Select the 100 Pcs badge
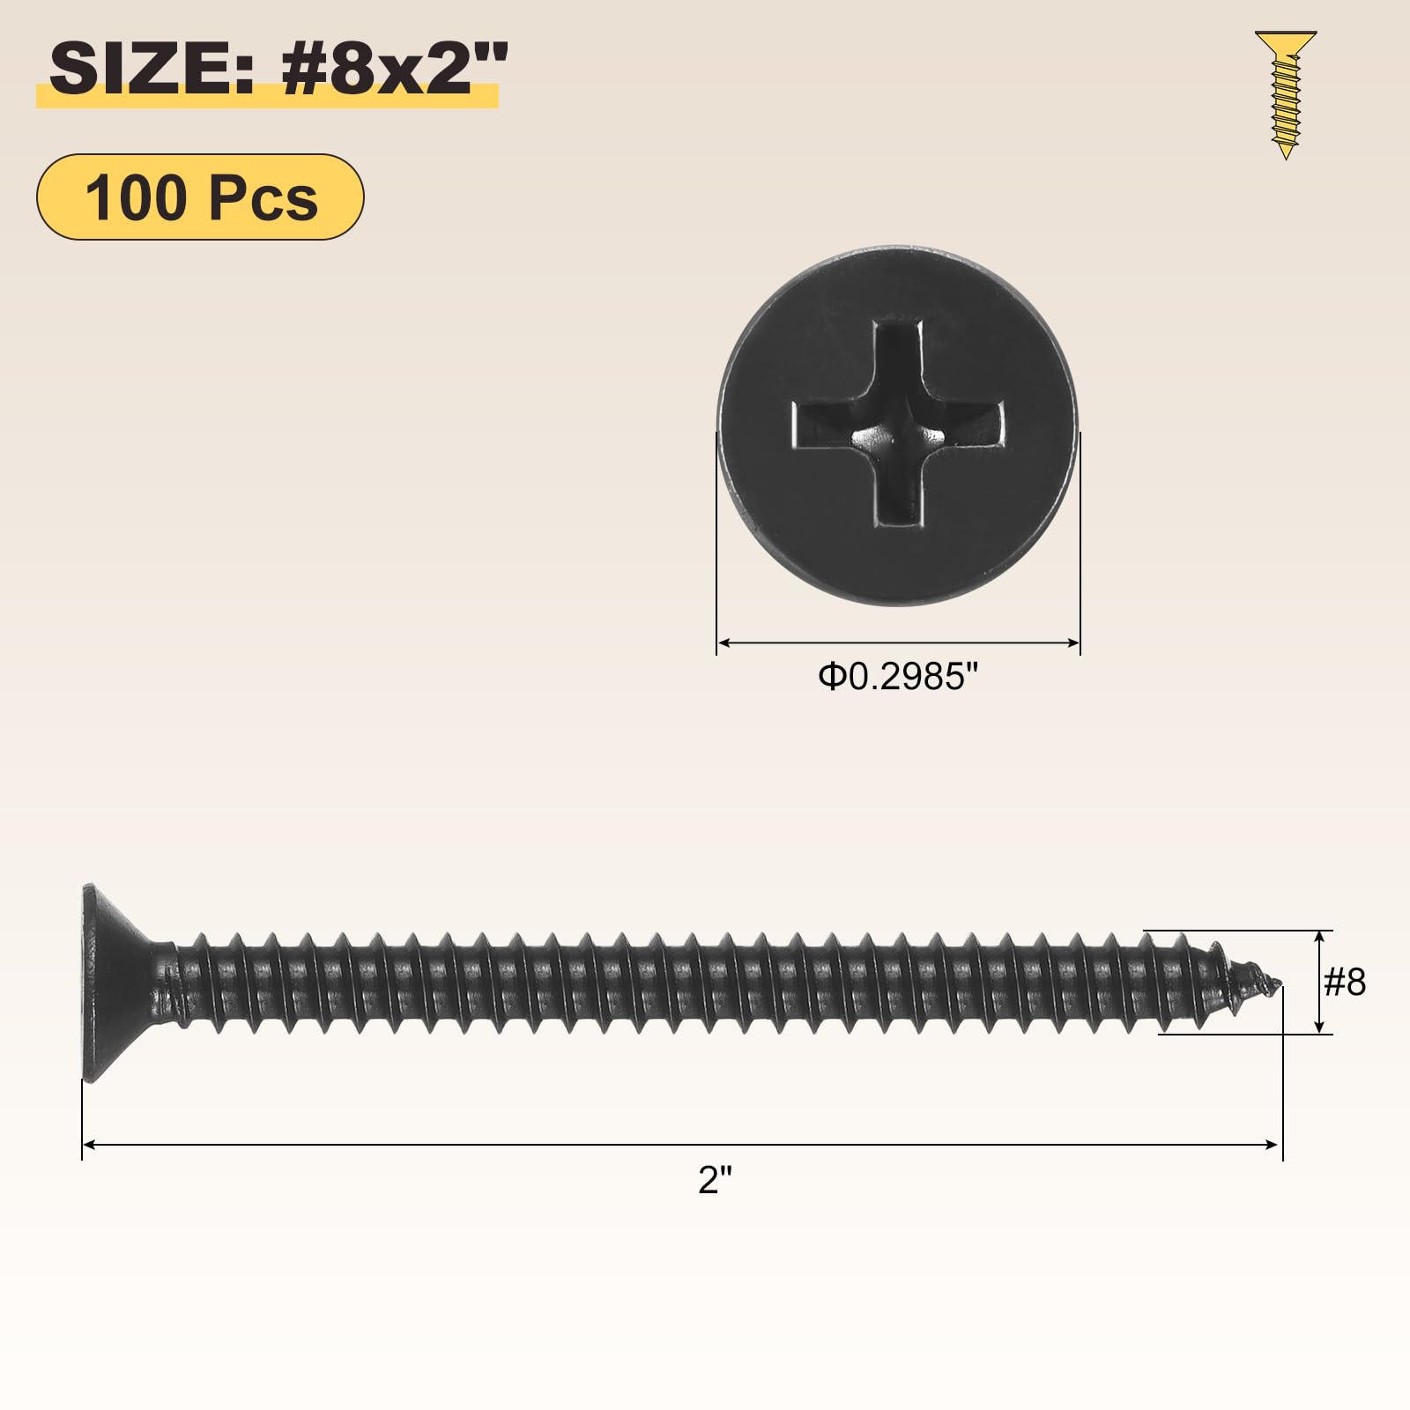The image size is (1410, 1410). click(200, 197)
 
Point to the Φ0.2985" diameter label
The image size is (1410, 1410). click(898, 677)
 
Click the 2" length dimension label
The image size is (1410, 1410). click(715, 1179)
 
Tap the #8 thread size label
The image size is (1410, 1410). click(1345, 982)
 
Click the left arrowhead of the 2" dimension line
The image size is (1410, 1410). click(88, 1145)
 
